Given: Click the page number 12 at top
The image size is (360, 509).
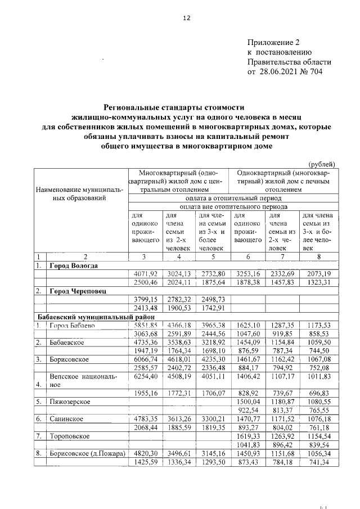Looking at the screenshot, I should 187,18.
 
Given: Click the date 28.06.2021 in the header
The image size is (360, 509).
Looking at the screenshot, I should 277,72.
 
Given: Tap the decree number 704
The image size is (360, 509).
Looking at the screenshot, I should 323,72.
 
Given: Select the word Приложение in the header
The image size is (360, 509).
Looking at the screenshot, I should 271,42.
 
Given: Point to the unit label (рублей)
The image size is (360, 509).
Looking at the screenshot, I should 323,164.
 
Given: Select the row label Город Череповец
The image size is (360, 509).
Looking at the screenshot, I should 77,291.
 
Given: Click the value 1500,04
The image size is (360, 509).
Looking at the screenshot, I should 248,402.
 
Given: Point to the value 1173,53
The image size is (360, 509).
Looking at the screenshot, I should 318,325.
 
